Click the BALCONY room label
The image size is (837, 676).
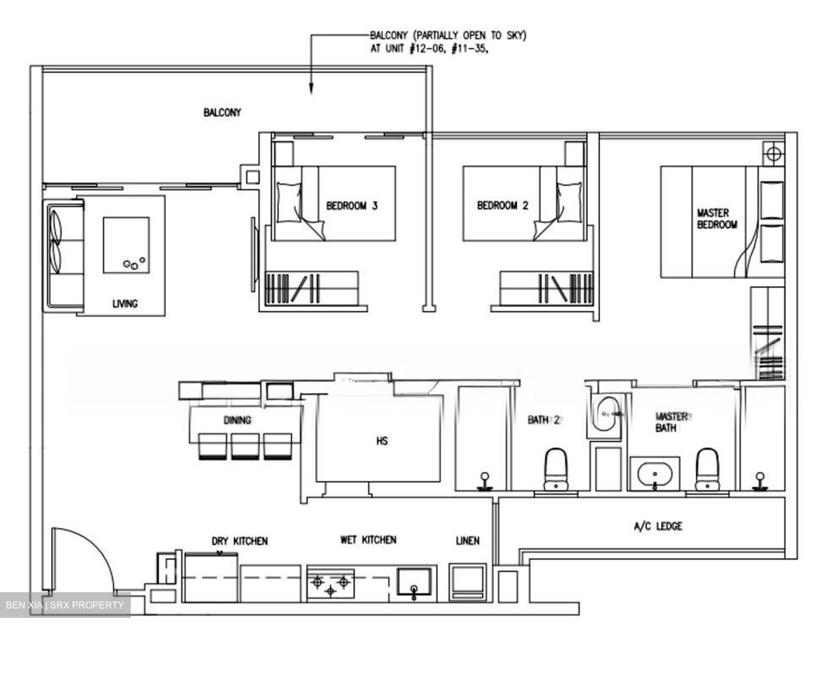coord(222,112)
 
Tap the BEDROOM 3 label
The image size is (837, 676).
coord(352,205)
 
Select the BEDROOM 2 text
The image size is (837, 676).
coord(503,205)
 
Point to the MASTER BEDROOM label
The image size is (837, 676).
coord(717,219)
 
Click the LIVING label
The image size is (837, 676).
coord(125,304)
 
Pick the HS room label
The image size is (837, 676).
coord(382,442)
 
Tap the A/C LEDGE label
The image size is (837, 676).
coord(658,526)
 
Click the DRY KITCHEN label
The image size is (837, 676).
coord(239,541)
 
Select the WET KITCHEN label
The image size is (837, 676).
coord(368,540)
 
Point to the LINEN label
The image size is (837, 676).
coord(467,541)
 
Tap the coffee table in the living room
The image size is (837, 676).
coord(126,245)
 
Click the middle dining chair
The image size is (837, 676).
coord(245,446)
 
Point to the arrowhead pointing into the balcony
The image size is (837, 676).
coord(311,88)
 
